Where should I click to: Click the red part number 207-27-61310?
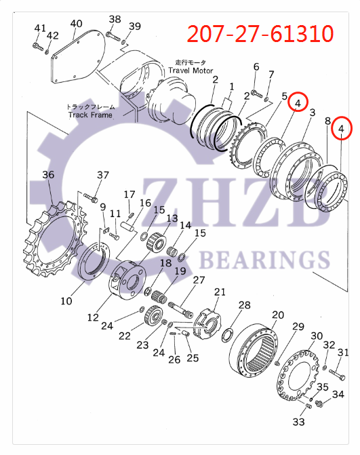(260, 32)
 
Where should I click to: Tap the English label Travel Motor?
(191, 71)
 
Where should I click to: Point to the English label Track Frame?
(90, 115)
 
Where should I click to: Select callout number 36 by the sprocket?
(47, 175)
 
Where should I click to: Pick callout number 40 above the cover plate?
(76, 24)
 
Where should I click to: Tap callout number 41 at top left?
(41, 28)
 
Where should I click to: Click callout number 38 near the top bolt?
(115, 19)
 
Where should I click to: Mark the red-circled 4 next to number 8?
(342, 127)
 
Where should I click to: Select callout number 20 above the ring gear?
(278, 315)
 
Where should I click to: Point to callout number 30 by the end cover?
(316, 336)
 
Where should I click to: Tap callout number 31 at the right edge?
(343, 352)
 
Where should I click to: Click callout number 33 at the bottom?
(299, 422)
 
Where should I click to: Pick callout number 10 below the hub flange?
(66, 300)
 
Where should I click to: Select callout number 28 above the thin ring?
(244, 305)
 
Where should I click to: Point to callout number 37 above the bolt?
(102, 176)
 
